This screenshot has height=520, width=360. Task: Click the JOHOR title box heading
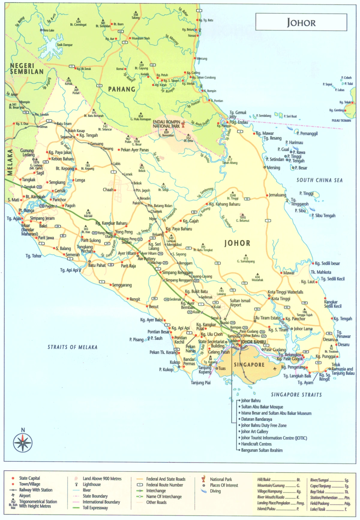point(301,23)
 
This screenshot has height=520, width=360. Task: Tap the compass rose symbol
point(23,443)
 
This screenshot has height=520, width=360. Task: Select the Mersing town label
point(273,168)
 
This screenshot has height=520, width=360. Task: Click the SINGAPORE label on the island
point(249,365)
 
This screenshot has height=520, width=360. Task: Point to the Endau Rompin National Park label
point(166,124)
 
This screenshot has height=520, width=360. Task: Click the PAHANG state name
point(121,89)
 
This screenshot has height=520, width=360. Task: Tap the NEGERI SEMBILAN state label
point(27,69)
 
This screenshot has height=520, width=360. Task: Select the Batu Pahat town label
point(97,265)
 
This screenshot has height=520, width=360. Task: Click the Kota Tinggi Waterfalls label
point(285,292)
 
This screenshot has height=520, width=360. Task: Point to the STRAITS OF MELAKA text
point(72,347)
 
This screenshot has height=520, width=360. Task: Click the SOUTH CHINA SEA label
point(319,180)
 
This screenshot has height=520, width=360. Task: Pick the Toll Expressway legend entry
point(95,508)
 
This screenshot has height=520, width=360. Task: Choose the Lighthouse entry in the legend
point(91,484)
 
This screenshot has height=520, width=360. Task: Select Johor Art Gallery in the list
point(255,431)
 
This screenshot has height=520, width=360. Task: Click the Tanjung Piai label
point(201,383)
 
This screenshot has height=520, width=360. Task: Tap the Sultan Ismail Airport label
point(240,302)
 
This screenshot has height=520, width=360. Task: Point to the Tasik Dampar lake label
point(64,45)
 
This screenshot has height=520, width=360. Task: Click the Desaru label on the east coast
point(343,344)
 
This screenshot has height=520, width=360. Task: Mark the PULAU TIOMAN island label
point(341,121)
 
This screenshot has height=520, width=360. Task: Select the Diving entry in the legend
point(215,491)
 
